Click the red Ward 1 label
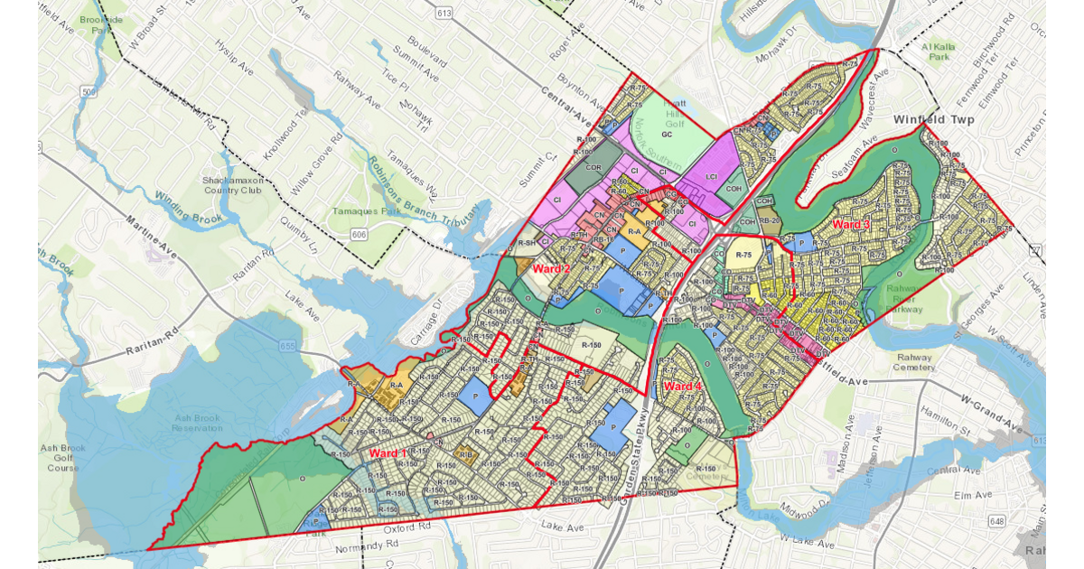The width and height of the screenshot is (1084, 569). (x=389, y=452)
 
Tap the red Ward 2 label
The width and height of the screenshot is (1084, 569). (x=551, y=269)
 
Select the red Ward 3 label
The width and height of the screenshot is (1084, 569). (x=851, y=224)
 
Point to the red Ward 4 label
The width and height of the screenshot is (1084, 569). (x=682, y=387)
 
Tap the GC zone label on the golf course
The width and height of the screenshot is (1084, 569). (x=668, y=134)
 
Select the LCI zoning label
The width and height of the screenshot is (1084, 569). (x=709, y=178)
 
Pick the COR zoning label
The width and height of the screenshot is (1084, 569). (x=593, y=168)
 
